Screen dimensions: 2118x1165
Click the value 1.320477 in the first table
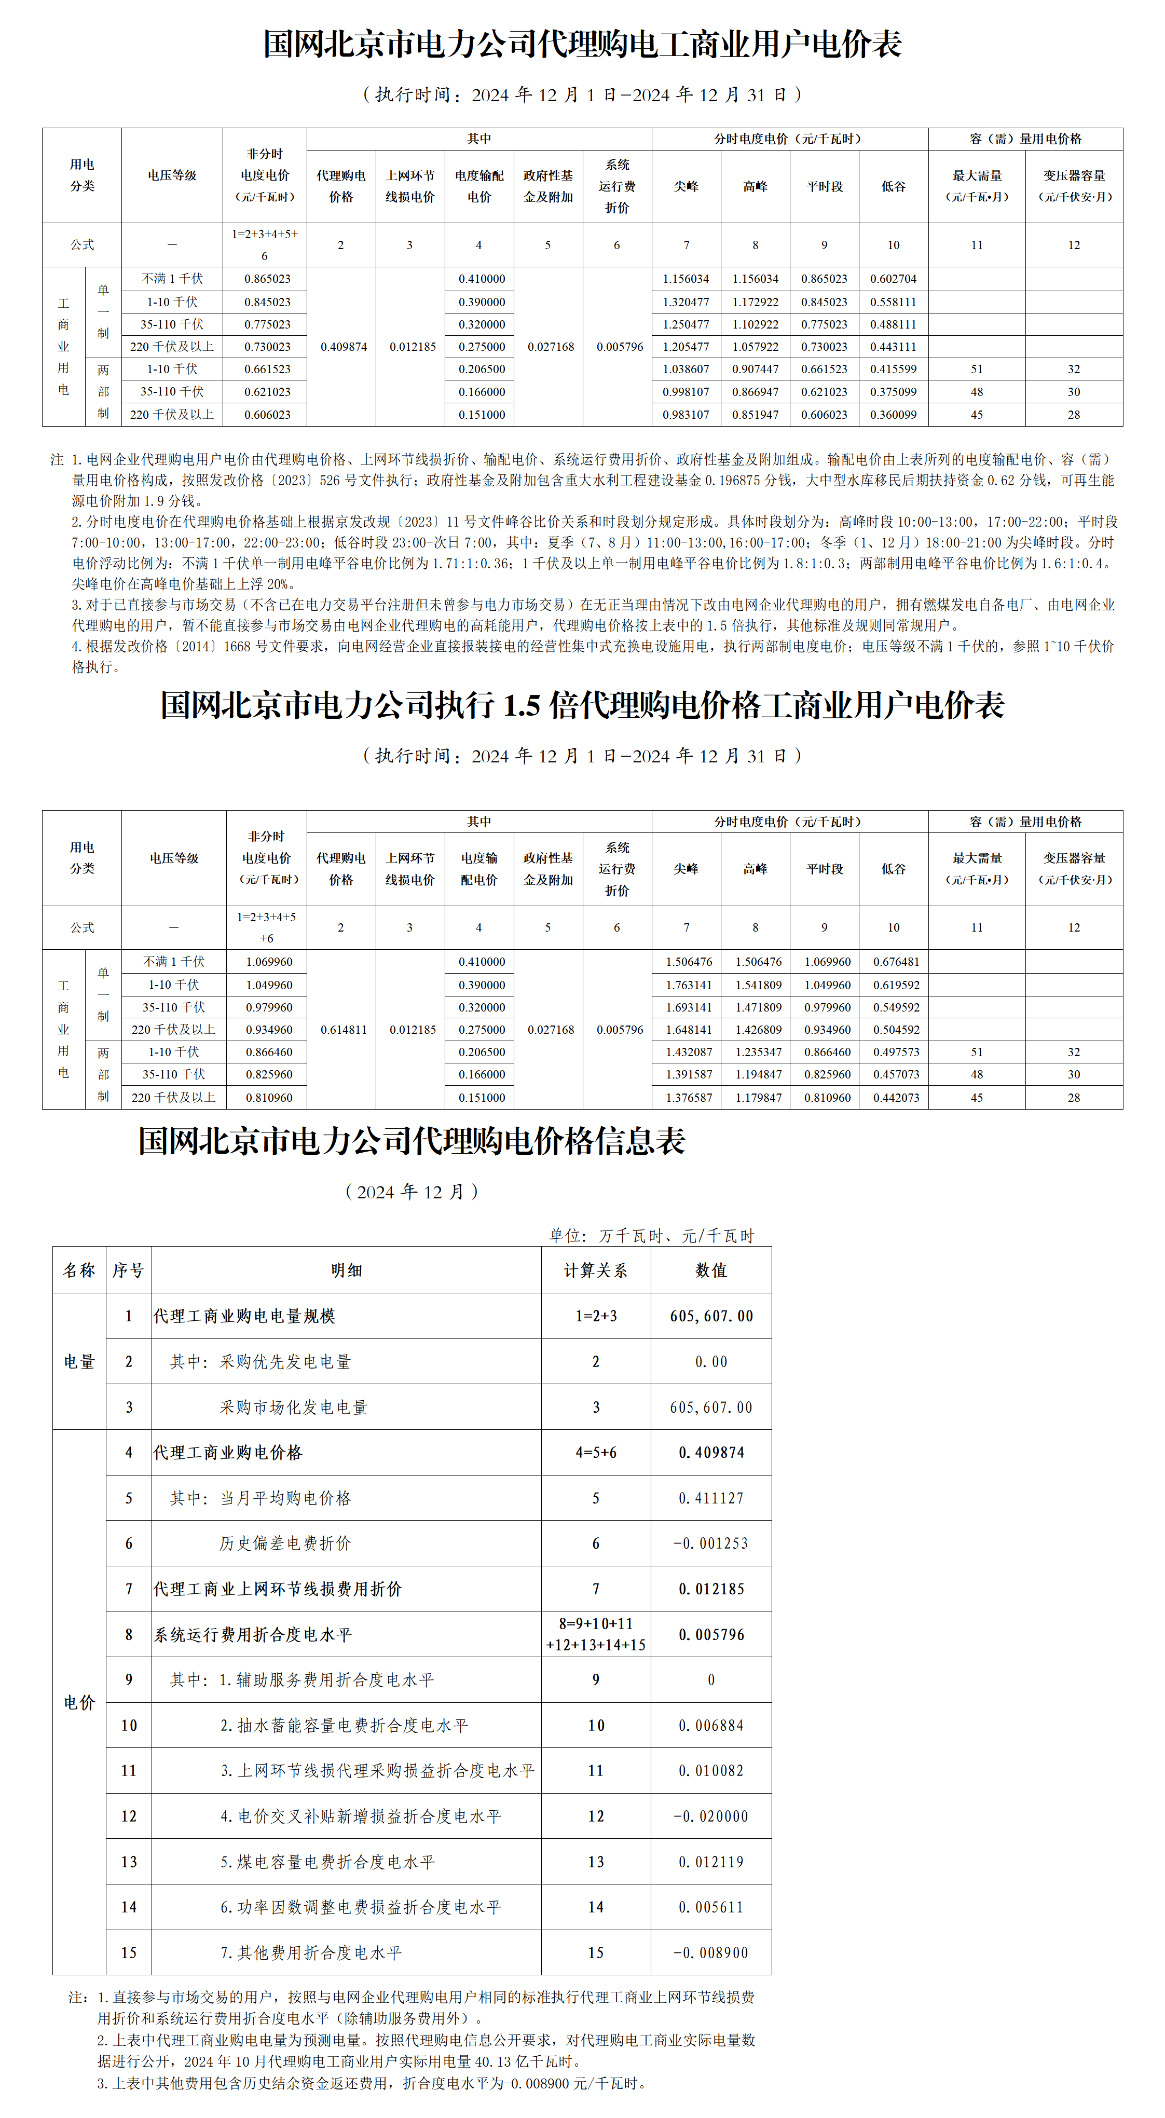pos(686,302)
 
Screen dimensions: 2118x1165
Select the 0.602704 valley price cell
pos(893,279)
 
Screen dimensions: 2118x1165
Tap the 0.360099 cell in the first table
pos(893,414)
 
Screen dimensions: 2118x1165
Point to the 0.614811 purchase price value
pos(344,1029)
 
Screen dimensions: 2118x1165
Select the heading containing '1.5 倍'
pos(582,705)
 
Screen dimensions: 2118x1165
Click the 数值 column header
pos(710,1270)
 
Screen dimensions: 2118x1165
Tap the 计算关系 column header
pos(595,1270)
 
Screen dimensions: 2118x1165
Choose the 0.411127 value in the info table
pos(710,1498)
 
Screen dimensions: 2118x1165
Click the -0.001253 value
pos(710,1543)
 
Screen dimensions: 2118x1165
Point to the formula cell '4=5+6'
pos(595,1453)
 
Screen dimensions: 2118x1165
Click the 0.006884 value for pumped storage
pos(710,1725)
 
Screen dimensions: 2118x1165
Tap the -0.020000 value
pos(710,1816)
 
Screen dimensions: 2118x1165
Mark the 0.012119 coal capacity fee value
pos(710,1862)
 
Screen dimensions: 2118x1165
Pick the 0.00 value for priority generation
pos(710,1362)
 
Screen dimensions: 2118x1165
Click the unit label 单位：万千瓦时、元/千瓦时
pos(651,1236)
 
